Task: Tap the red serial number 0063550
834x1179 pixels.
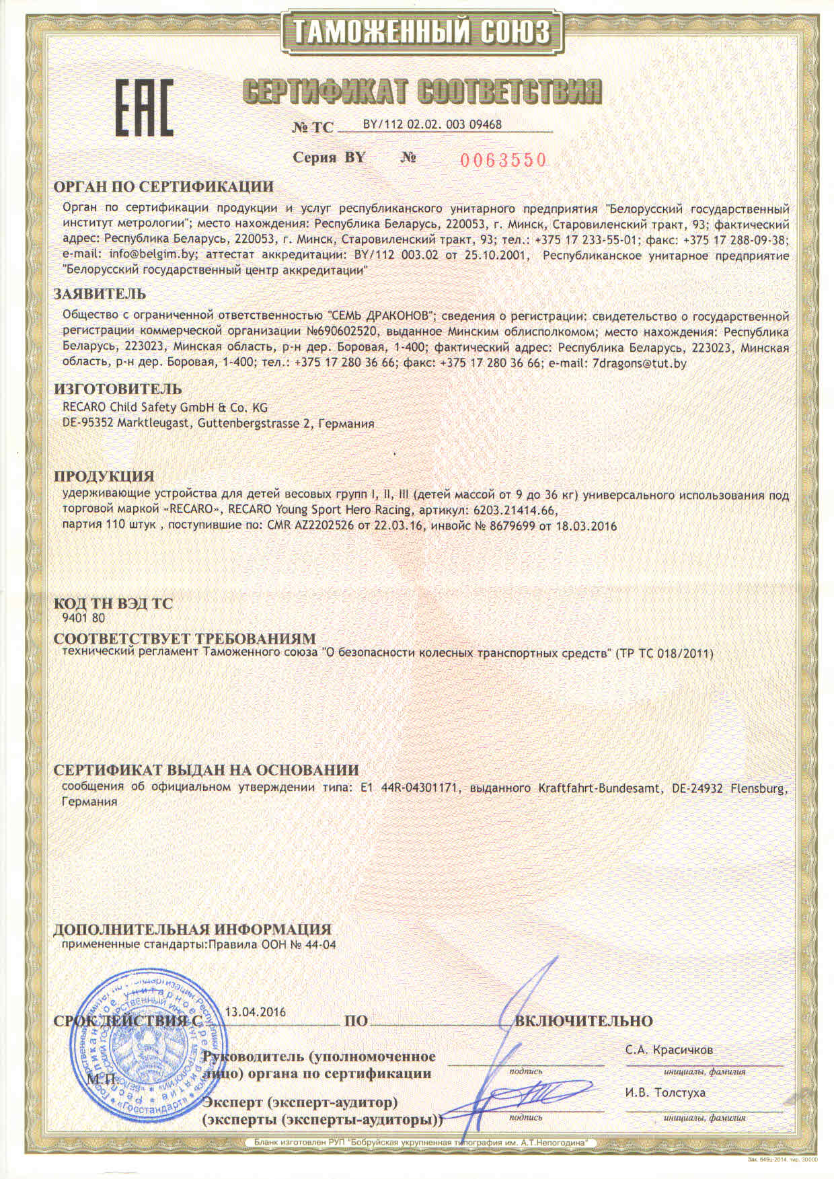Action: (503, 159)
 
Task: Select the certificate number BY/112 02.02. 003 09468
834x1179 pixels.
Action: (432, 124)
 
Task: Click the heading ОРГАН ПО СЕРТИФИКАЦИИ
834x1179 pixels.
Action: (163, 186)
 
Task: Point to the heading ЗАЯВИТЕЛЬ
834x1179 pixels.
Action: (100, 294)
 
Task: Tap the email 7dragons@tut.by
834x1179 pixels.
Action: (638, 363)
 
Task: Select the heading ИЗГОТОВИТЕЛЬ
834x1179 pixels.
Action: (117, 389)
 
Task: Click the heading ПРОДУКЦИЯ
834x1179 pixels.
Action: (104, 476)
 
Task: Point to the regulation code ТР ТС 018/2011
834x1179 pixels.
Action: (664, 653)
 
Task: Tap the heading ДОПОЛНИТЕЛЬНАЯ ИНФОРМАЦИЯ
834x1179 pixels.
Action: (192, 929)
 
